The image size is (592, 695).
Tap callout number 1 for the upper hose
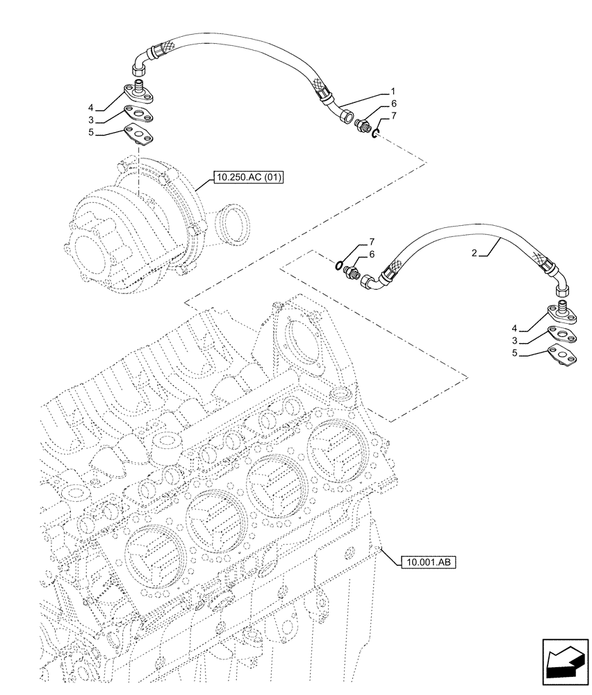coord(393,91)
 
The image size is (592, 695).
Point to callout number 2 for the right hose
coord(474,254)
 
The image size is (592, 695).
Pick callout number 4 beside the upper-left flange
coord(90,107)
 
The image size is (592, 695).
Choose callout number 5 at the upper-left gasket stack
coord(90,131)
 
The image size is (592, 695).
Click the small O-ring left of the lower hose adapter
coord(337,265)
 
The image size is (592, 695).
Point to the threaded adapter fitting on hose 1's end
coord(361,126)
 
